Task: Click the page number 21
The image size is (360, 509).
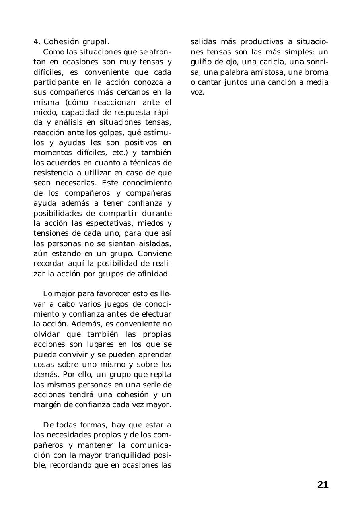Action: coord(323,485)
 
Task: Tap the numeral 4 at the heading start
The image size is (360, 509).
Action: coord(36,42)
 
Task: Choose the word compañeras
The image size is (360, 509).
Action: coord(149,193)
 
